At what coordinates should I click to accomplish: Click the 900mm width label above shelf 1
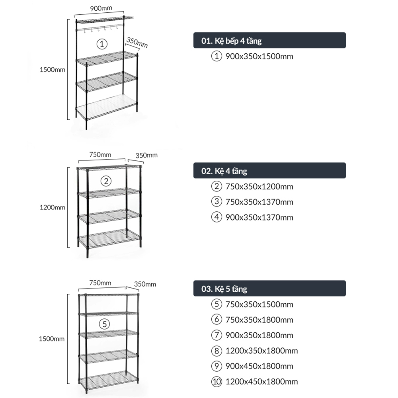(x=101, y=8)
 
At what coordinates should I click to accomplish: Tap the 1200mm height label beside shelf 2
(x=52, y=207)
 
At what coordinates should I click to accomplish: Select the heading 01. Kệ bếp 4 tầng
(x=231, y=41)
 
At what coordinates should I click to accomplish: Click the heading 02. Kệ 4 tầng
(x=224, y=171)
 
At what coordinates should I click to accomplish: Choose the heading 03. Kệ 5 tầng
(x=224, y=289)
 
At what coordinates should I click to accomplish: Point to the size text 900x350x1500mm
(x=259, y=57)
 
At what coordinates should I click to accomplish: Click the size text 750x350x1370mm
(x=259, y=202)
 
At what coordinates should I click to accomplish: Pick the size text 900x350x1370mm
(x=259, y=218)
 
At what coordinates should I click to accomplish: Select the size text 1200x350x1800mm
(x=261, y=351)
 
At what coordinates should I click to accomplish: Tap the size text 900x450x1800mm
(x=259, y=366)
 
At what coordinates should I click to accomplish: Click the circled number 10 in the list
(x=217, y=382)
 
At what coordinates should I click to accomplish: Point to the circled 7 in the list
(x=217, y=335)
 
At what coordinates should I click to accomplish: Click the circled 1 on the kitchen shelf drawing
(x=102, y=44)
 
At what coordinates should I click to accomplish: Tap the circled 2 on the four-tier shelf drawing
(x=106, y=181)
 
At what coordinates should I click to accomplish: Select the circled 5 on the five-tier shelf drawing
(x=104, y=324)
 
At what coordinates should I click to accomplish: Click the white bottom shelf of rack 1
(x=107, y=107)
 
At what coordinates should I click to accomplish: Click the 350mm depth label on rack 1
(x=137, y=43)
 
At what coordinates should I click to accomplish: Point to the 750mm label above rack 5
(x=100, y=283)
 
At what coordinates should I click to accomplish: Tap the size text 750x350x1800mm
(x=259, y=320)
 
